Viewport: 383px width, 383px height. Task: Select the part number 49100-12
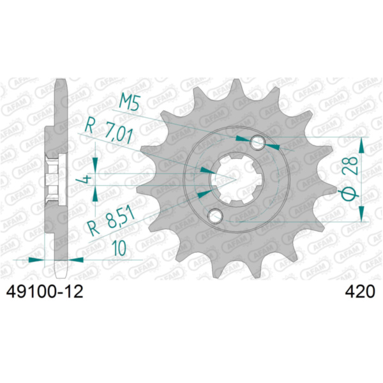point(43,292)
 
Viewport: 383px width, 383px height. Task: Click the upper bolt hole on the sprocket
point(259,141)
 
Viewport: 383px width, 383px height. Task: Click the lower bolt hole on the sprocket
point(216,216)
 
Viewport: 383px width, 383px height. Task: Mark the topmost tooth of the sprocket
point(237,86)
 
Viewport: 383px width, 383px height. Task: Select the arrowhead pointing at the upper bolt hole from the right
point(275,145)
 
